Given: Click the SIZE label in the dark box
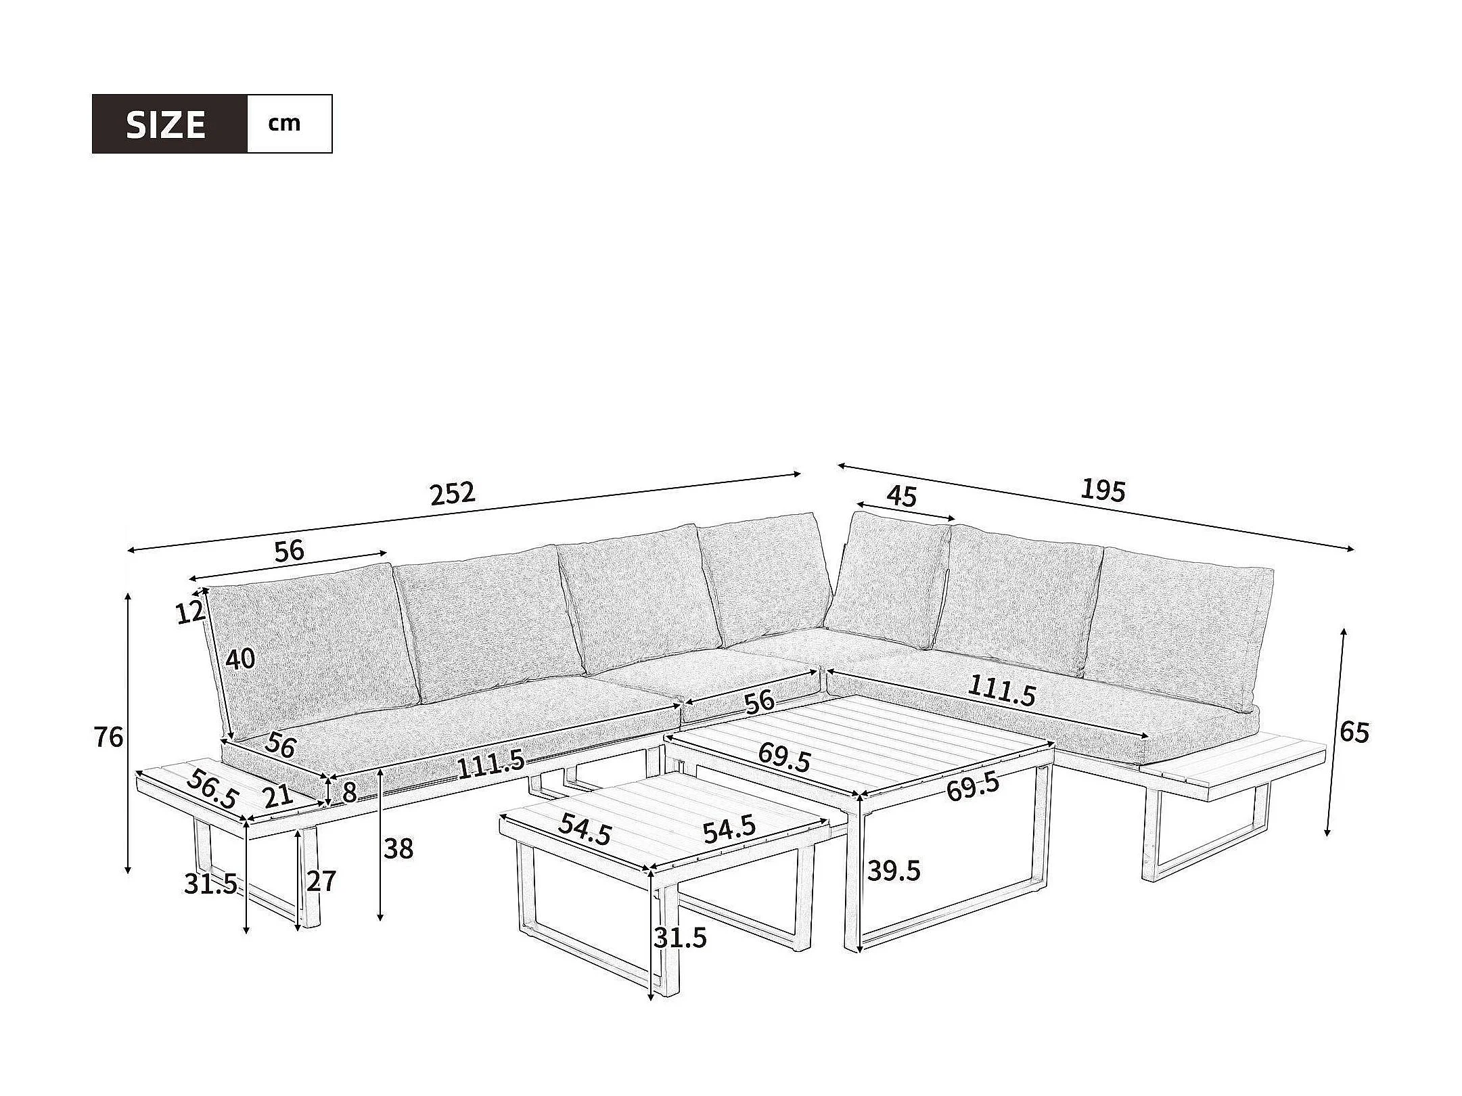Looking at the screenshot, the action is pos(166,124).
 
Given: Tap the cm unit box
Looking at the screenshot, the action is pos(285,124).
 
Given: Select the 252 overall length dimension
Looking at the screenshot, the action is pos(453,493).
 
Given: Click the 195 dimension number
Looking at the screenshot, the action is pos(1102,490).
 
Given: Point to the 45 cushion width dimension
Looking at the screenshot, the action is pos(901,497).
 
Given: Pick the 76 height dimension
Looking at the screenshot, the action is pos(109,737).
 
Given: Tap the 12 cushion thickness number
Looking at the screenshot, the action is pos(190,612).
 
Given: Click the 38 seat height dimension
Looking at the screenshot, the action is pos(398,848).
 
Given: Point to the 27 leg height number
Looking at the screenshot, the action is pos(321,882).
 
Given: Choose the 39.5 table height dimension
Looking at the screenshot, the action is pos(894,871).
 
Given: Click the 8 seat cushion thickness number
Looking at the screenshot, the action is pos(349,793).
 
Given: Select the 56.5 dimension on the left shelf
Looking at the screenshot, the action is pos(212,789).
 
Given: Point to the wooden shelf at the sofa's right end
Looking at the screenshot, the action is pos(1231,764).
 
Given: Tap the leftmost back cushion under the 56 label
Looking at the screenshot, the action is pos(311,643).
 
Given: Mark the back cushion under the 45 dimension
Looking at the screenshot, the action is pos(886,582).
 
